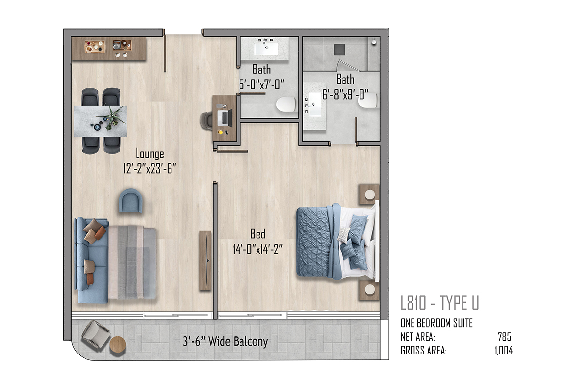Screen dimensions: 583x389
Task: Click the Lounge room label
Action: [150, 154]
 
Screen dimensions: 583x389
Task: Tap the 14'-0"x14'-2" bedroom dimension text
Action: [257, 249]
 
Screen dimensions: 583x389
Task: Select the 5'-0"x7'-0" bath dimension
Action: [261, 85]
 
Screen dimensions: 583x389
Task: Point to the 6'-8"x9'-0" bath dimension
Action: [345, 94]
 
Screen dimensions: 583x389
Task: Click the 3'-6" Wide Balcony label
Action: [225, 341]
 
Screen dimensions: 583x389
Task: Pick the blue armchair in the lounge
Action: [131, 201]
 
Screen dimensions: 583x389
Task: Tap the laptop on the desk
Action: [225, 118]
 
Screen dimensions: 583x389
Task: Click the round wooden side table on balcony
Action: [118, 345]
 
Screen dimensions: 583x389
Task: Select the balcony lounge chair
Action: [96, 336]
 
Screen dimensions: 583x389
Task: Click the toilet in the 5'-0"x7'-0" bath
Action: [286, 105]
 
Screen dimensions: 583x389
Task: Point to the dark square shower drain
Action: [340, 50]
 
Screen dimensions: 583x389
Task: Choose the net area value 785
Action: [504, 336]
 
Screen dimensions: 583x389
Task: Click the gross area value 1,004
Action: [503, 351]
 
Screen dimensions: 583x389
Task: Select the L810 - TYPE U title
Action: [440, 302]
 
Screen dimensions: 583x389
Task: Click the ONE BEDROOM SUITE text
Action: [436, 323]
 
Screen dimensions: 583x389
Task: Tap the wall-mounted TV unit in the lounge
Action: [205, 261]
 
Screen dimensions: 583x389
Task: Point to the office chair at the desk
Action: [206, 121]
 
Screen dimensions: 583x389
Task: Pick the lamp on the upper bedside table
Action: [370, 194]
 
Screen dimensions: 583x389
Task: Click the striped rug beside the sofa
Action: [132, 263]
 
